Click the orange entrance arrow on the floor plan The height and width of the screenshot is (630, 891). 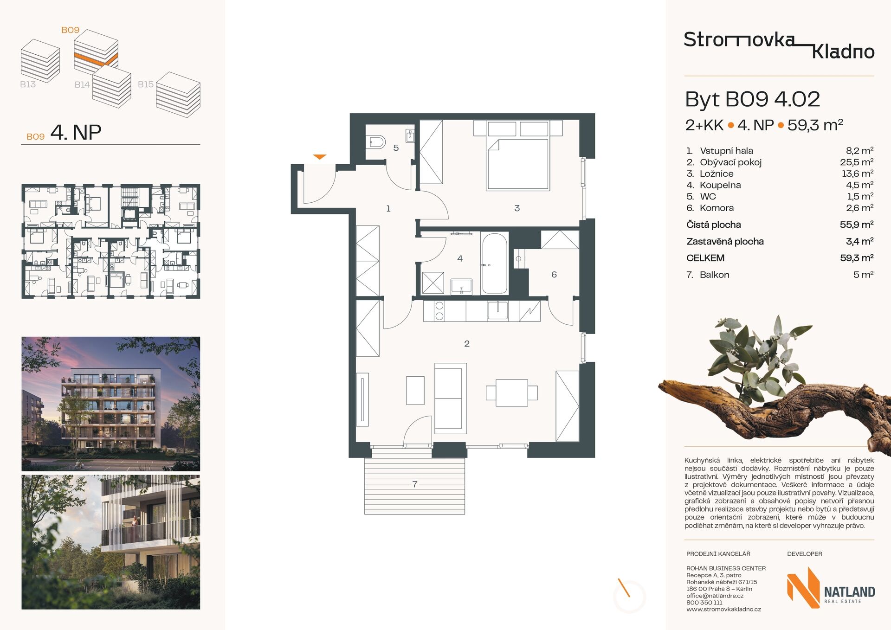point(320,157)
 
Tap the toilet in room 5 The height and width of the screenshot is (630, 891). point(375,141)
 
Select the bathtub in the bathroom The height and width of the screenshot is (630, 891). point(495,263)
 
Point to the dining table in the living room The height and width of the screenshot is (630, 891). point(512,392)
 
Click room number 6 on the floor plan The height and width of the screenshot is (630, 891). point(554,275)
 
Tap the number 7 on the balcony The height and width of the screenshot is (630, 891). point(415,484)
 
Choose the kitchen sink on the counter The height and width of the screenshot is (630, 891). point(497,310)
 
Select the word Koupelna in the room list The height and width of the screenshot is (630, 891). point(720,185)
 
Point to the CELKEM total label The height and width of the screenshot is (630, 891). point(705,258)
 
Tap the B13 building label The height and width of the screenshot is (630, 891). point(28,84)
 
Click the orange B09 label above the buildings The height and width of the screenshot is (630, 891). point(71,30)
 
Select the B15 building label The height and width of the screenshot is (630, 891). point(146,84)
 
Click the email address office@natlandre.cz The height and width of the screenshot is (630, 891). point(715,596)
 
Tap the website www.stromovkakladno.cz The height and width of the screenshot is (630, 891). point(723,609)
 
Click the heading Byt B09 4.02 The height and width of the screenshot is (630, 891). point(752,99)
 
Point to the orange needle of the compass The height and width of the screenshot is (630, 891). point(624,587)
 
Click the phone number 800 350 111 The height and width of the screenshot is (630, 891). point(704,603)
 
